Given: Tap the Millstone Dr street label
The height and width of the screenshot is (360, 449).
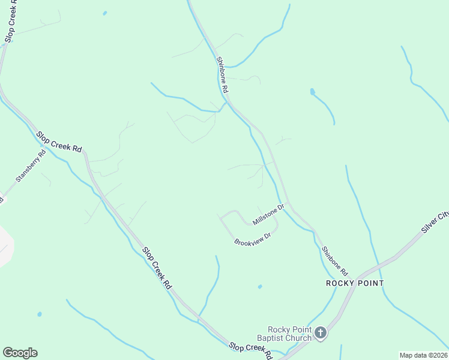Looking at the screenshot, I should pyautogui.click(x=268, y=214).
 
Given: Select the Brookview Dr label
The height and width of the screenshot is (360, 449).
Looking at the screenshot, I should pyautogui.click(x=253, y=238).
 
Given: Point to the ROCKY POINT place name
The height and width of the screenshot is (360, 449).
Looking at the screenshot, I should pyautogui.click(x=355, y=283).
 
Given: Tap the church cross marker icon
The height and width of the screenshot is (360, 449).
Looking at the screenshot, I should pyautogui.click(x=321, y=332).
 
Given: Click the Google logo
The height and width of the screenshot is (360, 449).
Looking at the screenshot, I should pyautogui.click(x=20, y=353).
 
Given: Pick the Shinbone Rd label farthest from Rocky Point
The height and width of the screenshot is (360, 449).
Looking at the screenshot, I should pyautogui.click(x=222, y=74).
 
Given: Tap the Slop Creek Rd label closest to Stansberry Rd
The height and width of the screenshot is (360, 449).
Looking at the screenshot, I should pyautogui.click(x=59, y=142).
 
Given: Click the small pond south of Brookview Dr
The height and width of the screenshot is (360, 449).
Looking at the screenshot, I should pyautogui.click(x=259, y=287).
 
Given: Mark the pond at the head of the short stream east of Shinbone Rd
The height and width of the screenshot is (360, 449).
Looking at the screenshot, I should pyautogui.click(x=312, y=92).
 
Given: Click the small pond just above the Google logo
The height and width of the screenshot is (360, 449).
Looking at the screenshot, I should pyautogui.click(x=40, y=314).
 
